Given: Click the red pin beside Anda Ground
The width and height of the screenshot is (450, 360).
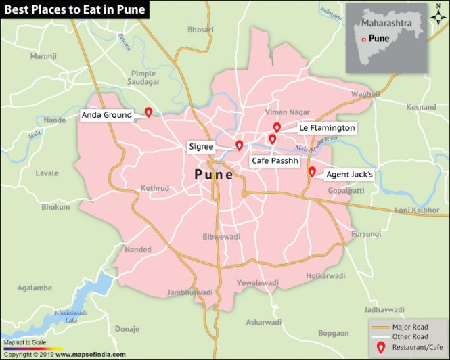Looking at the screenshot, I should pyautogui.click(x=148, y=112).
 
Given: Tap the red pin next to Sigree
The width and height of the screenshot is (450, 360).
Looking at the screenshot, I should pyautogui.click(x=239, y=145).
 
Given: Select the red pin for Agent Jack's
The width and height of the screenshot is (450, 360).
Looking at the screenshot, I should pyautogui.click(x=312, y=172).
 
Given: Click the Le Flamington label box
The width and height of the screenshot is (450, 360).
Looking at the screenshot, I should pyautogui.click(x=327, y=127).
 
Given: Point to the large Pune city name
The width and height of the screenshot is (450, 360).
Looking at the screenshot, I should pyautogui.click(x=214, y=175).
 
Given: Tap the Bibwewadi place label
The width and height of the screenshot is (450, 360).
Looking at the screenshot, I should pyautogui.click(x=221, y=237).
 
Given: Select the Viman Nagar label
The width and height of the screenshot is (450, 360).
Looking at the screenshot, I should pyautogui.click(x=287, y=112).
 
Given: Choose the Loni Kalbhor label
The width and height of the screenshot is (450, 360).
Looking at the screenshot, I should pyautogui.click(x=417, y=210).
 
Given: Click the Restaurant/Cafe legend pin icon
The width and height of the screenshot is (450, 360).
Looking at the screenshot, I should pyautogui.click(x=380, y=347).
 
